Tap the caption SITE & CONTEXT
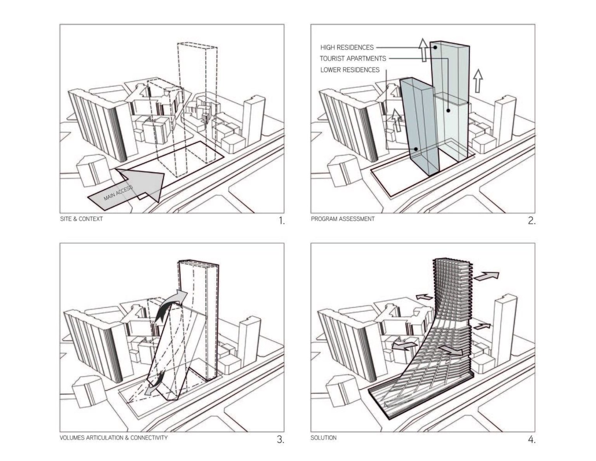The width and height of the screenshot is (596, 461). [x=81, y=219]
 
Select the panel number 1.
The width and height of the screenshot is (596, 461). [x=281, y=221]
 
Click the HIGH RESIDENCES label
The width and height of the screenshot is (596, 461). [x=347, y=47]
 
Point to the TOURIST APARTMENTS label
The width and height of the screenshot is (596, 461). [x=353, y=59]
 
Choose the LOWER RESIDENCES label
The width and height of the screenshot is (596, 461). [x=350, y=70]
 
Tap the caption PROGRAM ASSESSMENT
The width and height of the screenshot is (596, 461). [x=343, y=219]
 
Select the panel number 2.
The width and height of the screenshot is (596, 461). [x=532, y=221]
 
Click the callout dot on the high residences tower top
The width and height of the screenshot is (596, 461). [x=436, y=47]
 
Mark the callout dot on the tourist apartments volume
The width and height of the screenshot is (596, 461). [x=448, y=111]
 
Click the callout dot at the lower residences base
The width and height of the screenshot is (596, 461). [x=416, y=149]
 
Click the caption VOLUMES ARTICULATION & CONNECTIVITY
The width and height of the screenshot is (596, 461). [x=114, y=438]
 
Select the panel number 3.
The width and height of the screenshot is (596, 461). [x=281, y=440]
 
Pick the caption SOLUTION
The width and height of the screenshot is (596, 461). [x=323, y=438]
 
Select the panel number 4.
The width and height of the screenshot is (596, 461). [x=532, y=440]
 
